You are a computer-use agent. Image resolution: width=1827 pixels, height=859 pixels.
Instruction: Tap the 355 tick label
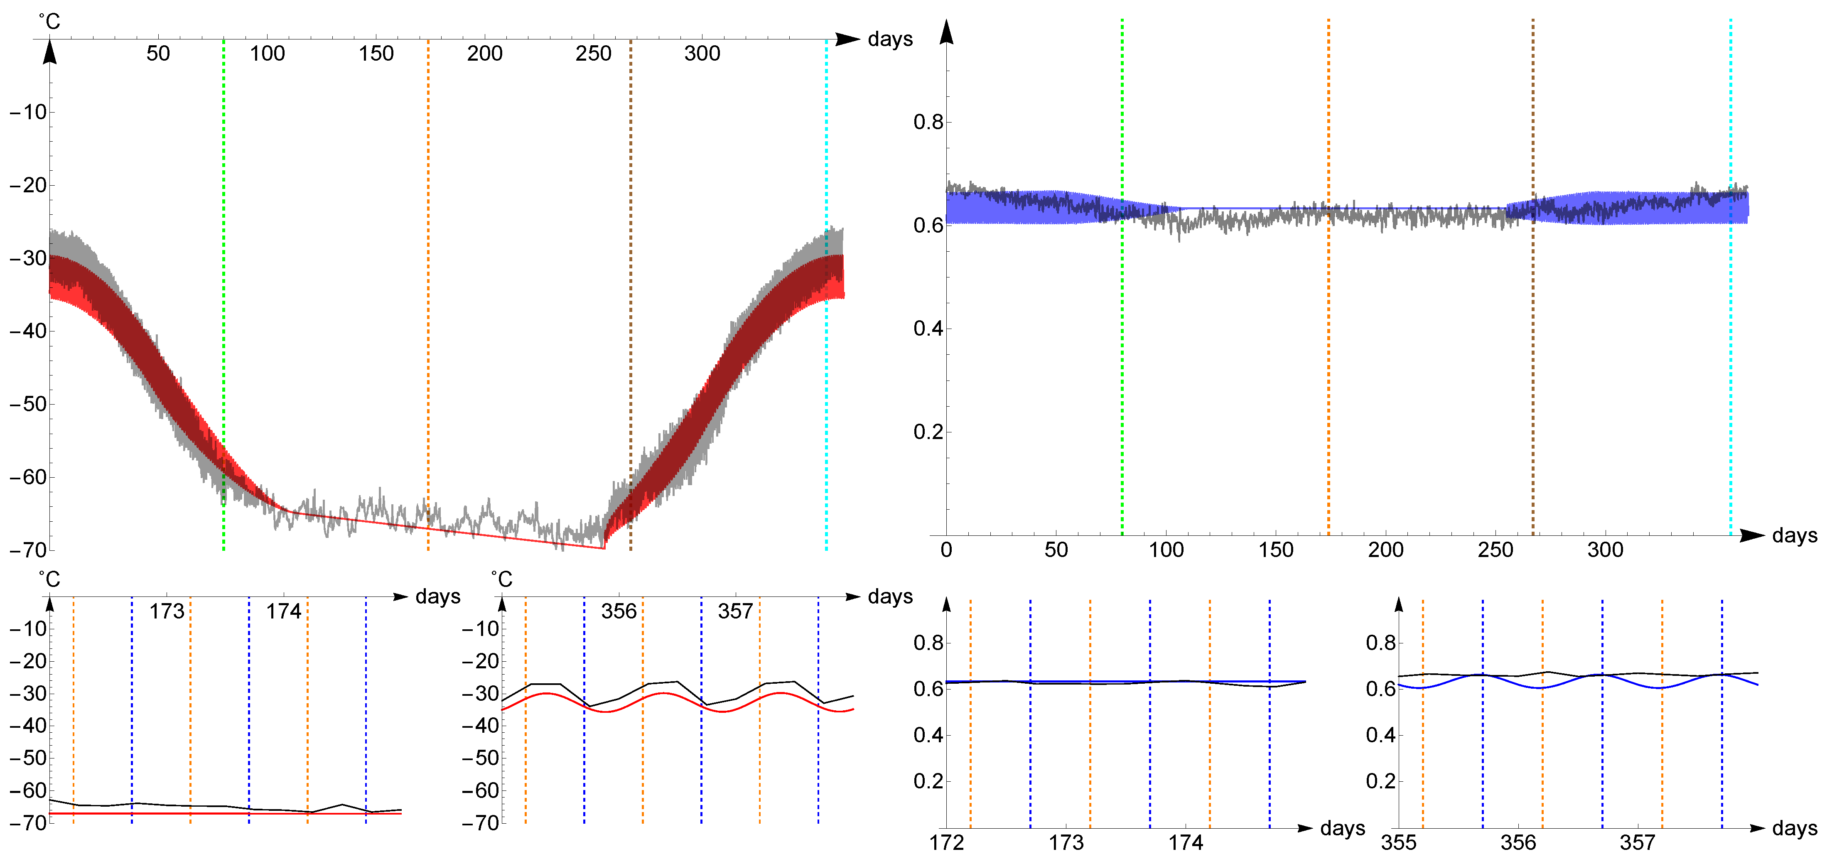point(1399,843)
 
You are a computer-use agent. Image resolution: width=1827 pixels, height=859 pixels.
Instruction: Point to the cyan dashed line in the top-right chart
point(1731,355)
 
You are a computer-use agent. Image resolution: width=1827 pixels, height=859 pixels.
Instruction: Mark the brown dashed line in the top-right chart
point(1532,355)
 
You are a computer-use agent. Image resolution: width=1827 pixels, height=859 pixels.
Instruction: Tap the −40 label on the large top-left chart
point(28,331)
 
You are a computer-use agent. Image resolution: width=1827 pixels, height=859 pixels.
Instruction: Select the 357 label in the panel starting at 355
point(1637,843)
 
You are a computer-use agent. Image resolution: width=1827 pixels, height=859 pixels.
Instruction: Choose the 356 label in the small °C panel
point(619,611)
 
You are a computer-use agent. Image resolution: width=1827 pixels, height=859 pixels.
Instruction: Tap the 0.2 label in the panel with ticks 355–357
point(1380,781)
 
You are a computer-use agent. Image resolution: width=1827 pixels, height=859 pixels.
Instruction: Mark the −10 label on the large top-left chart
point(28,112)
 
